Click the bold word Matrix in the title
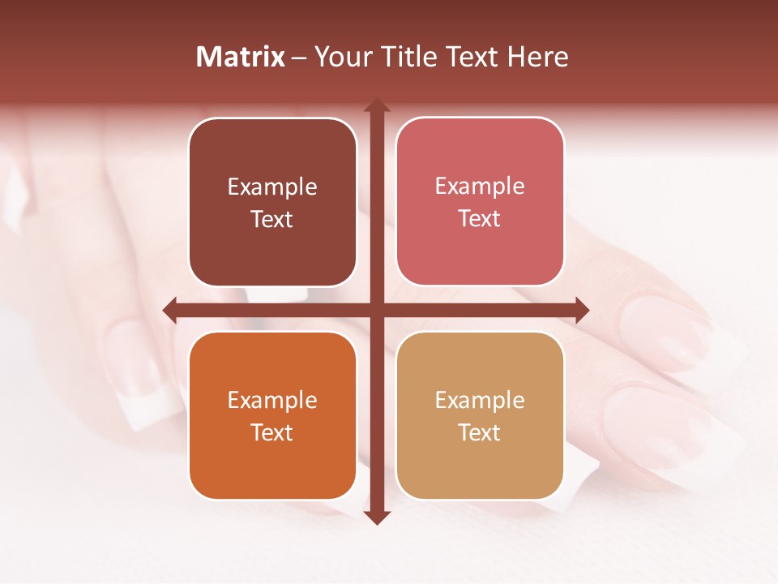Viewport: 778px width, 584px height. pyautogui.click(x=241, y=57)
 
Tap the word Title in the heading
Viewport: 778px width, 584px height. pyautogui.click(x=409, y=57)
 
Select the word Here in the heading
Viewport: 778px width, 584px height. pyautogui.click(x=538, y=57)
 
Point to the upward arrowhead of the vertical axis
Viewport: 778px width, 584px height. pyautogui.click(x=377, y=105)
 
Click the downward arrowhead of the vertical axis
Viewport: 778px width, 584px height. pyautogui.click(x=377, y=517)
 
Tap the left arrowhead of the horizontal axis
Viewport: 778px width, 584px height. pyautogui.click(x=170, y=310)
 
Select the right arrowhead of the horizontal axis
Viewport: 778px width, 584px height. pyautogui.click(x=582, y=310)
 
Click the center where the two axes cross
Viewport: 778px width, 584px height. pyautogui.click(x=377, y=310)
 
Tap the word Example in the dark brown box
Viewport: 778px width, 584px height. pyautogui.click(x=272, y=187)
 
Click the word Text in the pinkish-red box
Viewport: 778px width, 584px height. pyautogui.click(x=480, y=219)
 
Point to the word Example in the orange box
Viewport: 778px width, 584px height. pyautogui.click(x=272, y=401)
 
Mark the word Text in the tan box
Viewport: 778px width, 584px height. pyautogui.click(x=480, y=432)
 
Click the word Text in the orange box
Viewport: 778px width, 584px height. pyautogui.click(x=272, y=432)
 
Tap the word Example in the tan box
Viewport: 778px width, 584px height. pyautogui.click(x=480, y=401)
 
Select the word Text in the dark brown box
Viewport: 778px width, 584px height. pyautogui.click(x=272, y=220)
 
